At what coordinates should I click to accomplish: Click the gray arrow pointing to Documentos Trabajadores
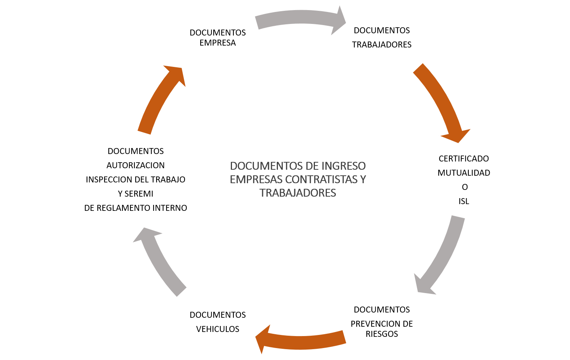tap(300, 17)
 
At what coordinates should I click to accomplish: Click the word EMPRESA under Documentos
tap(217, 43)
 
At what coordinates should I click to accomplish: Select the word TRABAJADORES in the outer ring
tap(382, 44)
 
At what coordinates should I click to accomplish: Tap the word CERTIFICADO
tap(464, 159)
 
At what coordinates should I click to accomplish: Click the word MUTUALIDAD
tap(464, 173)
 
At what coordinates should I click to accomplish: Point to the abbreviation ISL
tap(464, 201)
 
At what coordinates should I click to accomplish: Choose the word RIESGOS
tap(382, 334)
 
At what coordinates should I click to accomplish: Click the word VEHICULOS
tap(217, 329)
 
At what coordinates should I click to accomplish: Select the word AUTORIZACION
tap(135, 165)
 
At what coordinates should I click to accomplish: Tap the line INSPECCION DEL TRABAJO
tap(135, 179)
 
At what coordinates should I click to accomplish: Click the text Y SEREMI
tap(135, 194)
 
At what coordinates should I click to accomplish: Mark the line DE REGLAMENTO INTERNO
tap(135, 208)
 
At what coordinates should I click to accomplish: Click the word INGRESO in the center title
tap(344, 166)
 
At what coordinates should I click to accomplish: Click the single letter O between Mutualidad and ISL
tap(465, 187)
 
